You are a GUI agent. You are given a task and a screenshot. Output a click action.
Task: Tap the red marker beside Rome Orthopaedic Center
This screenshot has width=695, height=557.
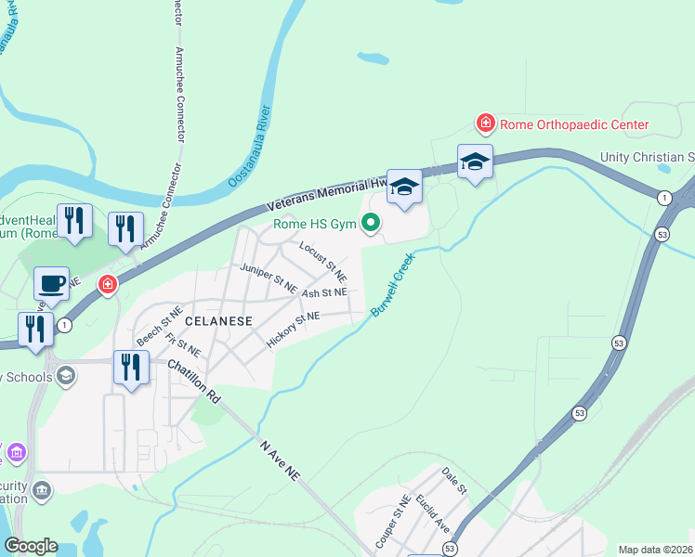(484, 123)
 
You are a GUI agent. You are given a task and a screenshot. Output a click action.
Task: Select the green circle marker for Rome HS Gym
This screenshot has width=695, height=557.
(371, 223)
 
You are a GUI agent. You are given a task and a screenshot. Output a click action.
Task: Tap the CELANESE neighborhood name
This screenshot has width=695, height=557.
(219, 320)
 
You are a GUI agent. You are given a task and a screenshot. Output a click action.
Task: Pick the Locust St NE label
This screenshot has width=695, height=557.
(323, 262)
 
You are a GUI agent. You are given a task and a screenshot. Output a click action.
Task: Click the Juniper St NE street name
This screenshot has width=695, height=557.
(268, 278)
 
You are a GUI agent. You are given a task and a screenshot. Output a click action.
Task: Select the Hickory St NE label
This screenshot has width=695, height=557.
(293, 330)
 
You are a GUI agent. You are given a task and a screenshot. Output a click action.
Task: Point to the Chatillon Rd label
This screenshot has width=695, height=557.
(193, 382)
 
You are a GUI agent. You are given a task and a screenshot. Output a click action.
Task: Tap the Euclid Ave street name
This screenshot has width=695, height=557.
(434, 514)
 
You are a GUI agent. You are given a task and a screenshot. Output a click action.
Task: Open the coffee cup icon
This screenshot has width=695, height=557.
(51, 282)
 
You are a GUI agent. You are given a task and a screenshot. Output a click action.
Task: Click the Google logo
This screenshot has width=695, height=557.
(31, 546)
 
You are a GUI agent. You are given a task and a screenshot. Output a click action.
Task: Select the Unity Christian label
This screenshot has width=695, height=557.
(648, 158)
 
